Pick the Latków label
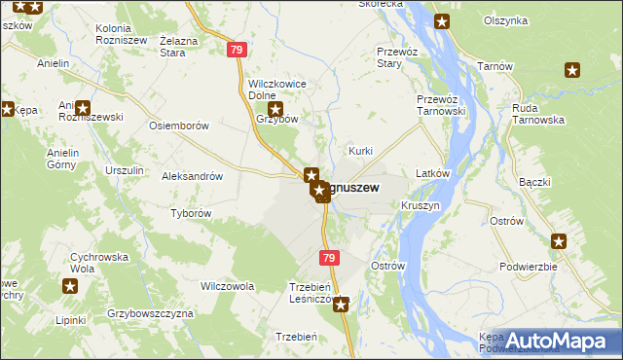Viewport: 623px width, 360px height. pyautogui.click(x=431, y=173)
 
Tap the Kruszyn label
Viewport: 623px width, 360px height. pyautogui.click(x=421, y=207)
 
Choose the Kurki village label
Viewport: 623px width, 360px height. pyautogui.click(x=361, y=151)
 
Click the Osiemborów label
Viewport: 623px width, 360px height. pyautogui.click(x=178, y=126)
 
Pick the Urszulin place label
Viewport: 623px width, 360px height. pyautogui.click(x=125, y=170)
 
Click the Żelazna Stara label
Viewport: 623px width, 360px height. pyautogui.click(x=185, y=47)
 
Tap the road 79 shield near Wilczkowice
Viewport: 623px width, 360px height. pyautogui.click(x=237, y=49)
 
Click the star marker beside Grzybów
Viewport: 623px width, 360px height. pyautogui.click(x=275, y=111)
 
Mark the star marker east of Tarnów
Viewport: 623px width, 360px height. pyautogui.click(x=572, y=69)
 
